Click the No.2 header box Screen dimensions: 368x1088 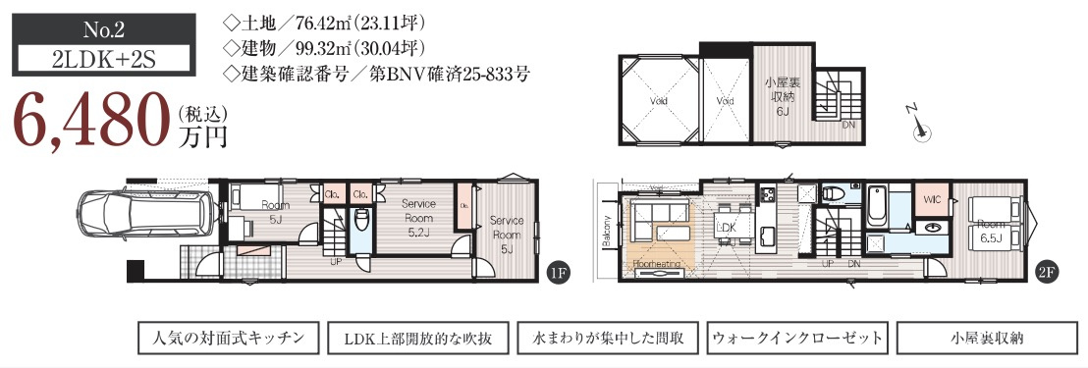tap(87, 27)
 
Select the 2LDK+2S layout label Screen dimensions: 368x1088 tap(87, 59)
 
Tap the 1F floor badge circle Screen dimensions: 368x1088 tap(557, 274)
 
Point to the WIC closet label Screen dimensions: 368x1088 tap(932, 199)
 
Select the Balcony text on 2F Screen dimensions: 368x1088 tap(609, 232)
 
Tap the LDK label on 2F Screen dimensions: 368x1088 tap(728, 227)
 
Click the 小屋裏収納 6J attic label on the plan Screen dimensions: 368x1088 tap(785, 97)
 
